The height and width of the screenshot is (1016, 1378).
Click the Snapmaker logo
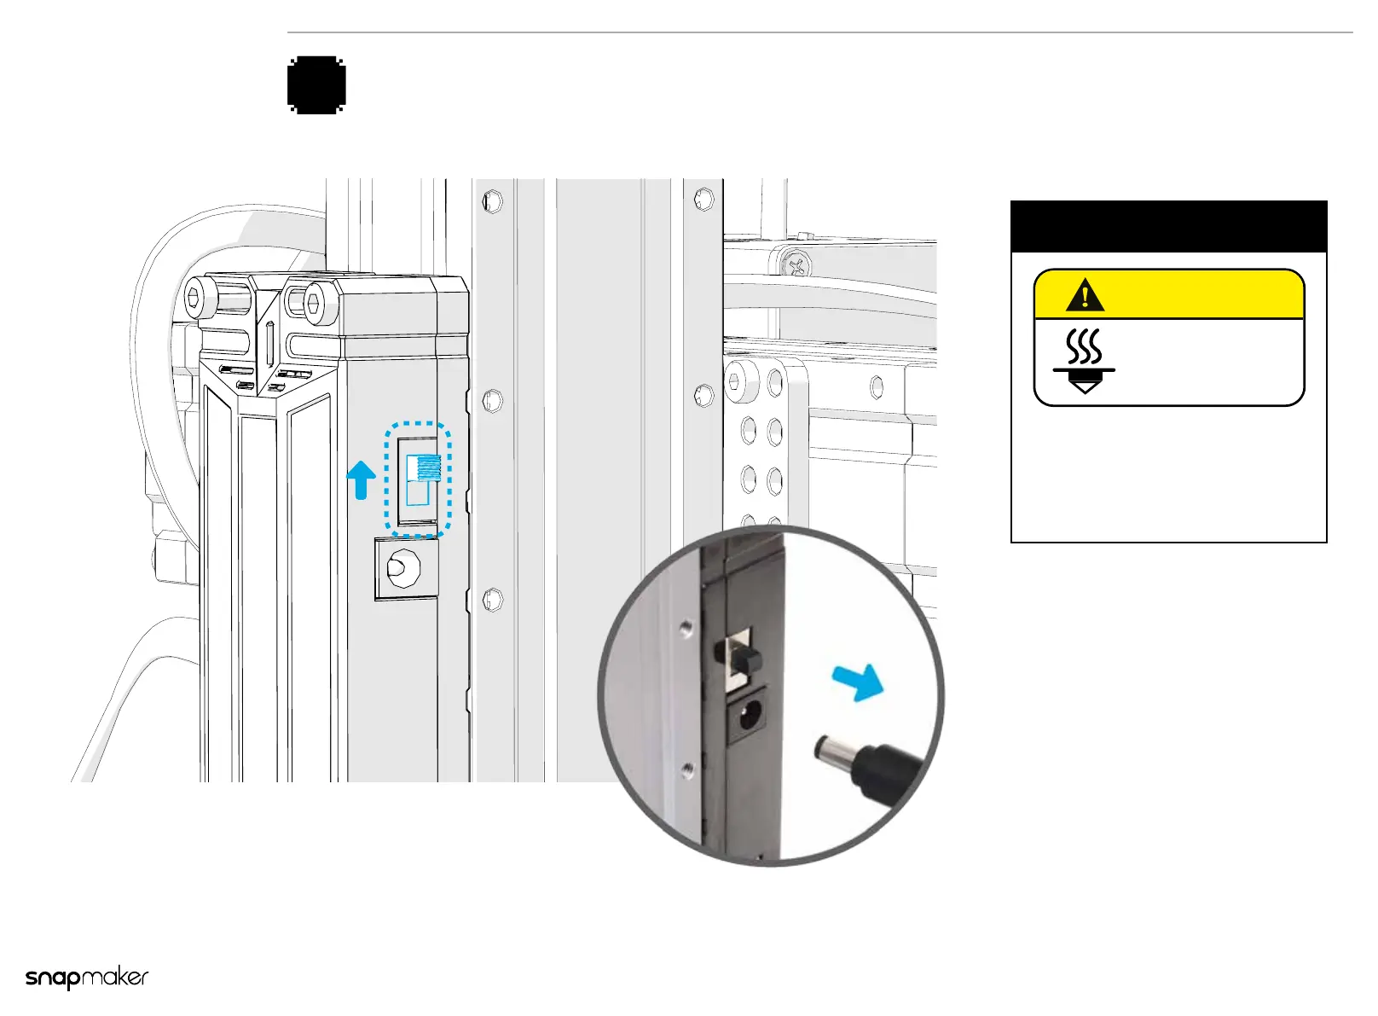click(87, 978)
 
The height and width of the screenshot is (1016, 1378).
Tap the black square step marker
click(316, 84)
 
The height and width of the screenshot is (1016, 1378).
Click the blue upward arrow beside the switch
click(362, 479)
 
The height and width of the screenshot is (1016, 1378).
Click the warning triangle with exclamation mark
click(1085, 295)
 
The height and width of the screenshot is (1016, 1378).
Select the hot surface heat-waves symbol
click(1085, 346)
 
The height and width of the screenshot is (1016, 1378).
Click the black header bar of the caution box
click(1168, 226)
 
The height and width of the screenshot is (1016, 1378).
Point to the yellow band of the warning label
click(1194, 295)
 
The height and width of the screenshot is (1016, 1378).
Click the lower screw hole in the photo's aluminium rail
click(687, 771)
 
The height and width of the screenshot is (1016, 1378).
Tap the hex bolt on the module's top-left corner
click(195, 296)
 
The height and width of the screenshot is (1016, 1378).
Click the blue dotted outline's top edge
click(418, 424)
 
